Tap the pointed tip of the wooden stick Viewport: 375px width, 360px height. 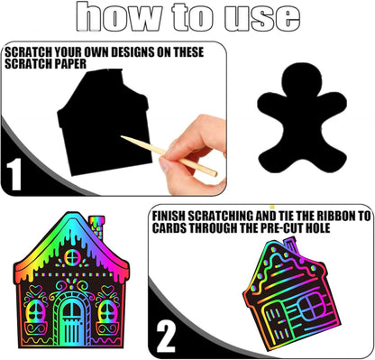click(x=122, y=136)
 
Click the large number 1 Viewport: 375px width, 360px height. click(x=14, y=174)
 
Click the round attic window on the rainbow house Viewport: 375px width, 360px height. click(x=71, y=258)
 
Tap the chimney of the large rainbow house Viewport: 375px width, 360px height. click(x=97, y=226)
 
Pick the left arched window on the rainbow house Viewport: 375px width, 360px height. click(x=35, y=311)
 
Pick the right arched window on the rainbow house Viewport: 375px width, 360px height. click(x=107, y=311)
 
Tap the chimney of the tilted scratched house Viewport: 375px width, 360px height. click(x=290, y=245)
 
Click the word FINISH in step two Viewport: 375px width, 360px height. click(x=169, y=217)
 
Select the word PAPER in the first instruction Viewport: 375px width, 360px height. click(x=70, y=64)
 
